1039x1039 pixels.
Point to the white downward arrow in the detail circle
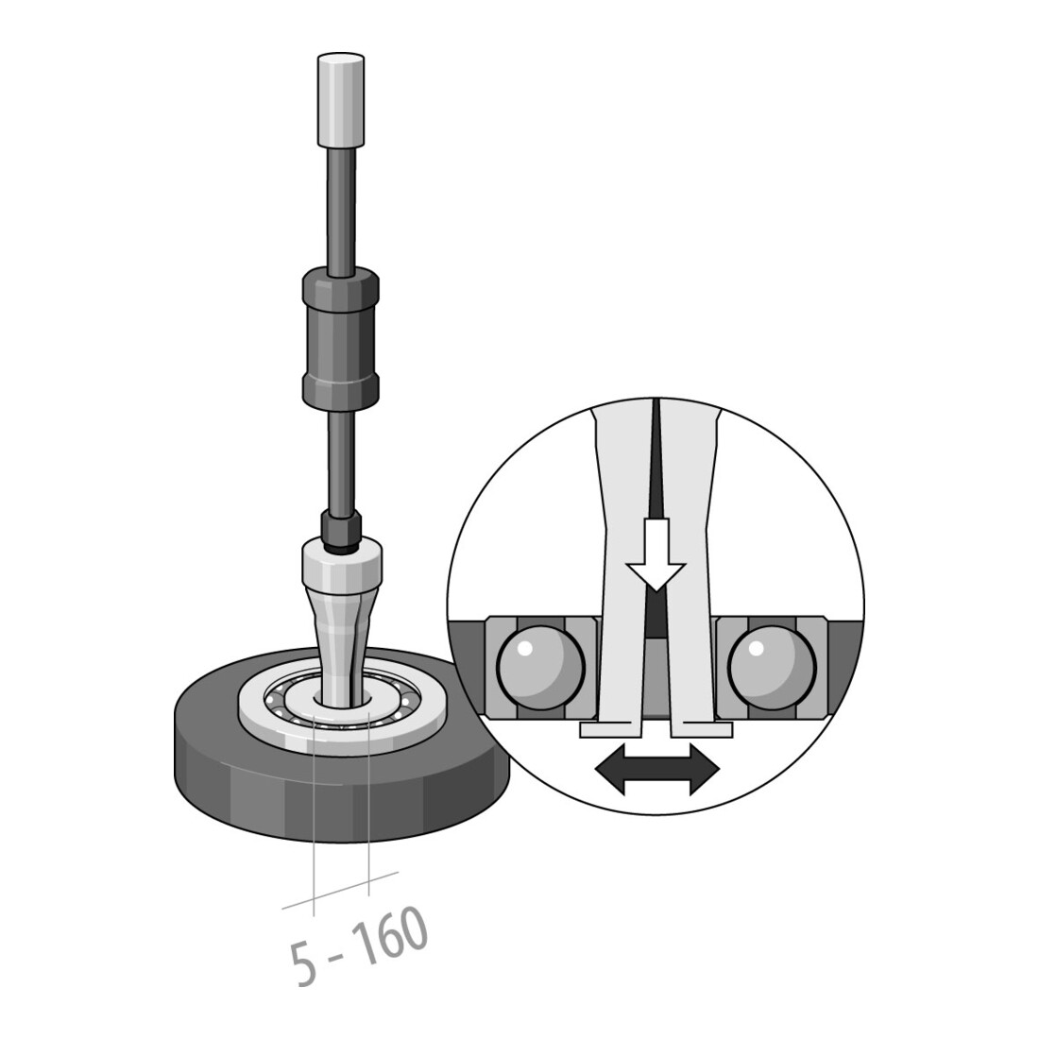pyautogui.click(x=656, y=554)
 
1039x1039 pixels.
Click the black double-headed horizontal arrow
pyautogui.click(x=656, y=769)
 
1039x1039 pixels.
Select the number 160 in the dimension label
pyautogui.click(x=389, y=934)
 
